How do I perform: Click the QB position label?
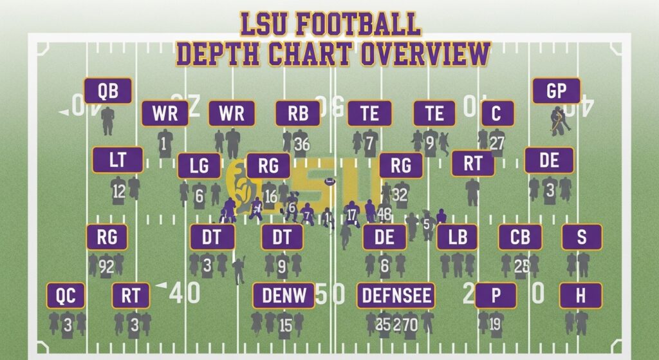[108, 91]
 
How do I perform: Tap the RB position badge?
[297, 114]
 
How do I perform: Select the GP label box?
[556, 91]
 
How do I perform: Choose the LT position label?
[118, 160]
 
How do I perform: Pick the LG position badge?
[200, 166]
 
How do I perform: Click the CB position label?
[519, 237]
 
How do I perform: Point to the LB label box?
[458, 237]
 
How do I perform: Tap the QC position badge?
[66, 296]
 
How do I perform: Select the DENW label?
[284, 296]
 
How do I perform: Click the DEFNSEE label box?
[396, 296]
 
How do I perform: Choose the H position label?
[580, 296]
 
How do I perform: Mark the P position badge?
[496, 296]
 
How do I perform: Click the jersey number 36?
[302, 144]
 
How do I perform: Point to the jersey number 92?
[107, 265]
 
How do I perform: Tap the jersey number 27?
[497, 142]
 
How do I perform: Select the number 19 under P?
[495, 324]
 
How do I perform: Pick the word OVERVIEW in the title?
[425, 54]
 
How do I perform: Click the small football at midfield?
[331, 182]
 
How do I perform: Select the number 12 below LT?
[118, 191]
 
